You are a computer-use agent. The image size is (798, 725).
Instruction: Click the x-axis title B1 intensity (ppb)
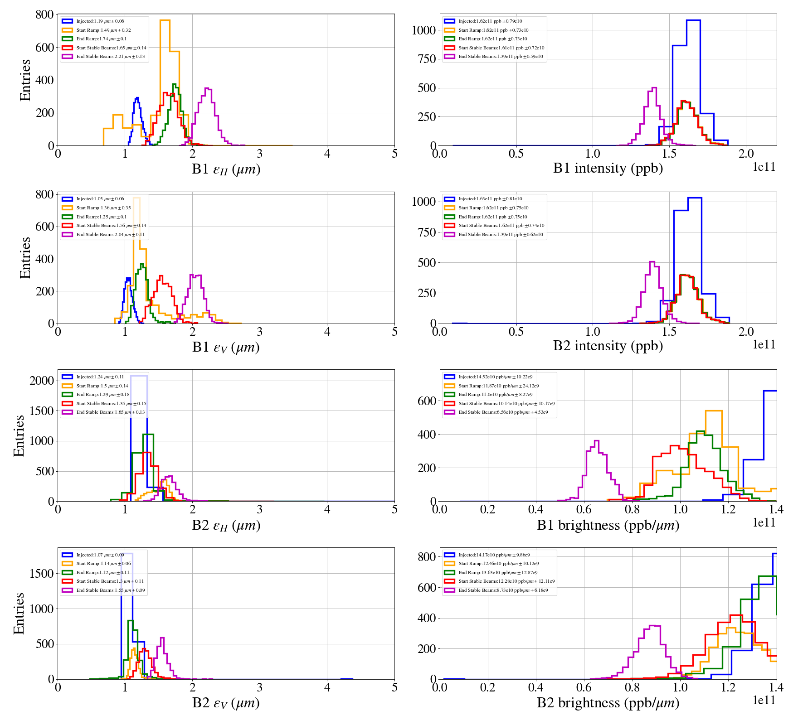tap(608, 169)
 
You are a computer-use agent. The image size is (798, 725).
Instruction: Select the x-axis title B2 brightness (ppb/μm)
tap(608, 703)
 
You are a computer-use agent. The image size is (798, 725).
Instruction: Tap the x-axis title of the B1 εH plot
tap(226, 169)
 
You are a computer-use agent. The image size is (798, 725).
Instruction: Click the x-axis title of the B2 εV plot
tap(226, 703)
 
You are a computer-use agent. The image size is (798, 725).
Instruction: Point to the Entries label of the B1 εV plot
tap(25, 257)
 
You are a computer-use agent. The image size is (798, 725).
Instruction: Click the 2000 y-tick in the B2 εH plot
tap(42, 381)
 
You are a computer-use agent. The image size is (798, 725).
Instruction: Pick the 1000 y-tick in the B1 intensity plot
tap(423, 30)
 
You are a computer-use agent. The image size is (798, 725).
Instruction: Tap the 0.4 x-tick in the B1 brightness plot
tap(536, 509)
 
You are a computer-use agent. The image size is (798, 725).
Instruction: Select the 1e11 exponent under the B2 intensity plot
tap(764, 345)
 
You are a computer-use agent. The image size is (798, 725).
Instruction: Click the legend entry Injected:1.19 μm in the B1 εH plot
tap(100, 21)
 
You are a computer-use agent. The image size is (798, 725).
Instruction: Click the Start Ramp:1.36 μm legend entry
tap(103, 208)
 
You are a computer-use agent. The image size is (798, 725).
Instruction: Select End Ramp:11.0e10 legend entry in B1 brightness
tap(495, 395)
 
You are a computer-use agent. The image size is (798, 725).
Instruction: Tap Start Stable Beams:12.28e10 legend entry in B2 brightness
tap(506, 581)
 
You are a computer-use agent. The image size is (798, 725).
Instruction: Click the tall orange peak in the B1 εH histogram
tap(165, 21)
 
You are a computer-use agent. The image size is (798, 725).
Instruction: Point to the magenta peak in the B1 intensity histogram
tap(654, 88)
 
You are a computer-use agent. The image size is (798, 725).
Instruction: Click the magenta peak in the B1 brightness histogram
tap(597, 441)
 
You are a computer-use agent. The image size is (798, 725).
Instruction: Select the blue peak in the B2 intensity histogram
tap(695, 198)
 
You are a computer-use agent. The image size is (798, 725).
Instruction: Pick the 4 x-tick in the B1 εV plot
tap(327, 332)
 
